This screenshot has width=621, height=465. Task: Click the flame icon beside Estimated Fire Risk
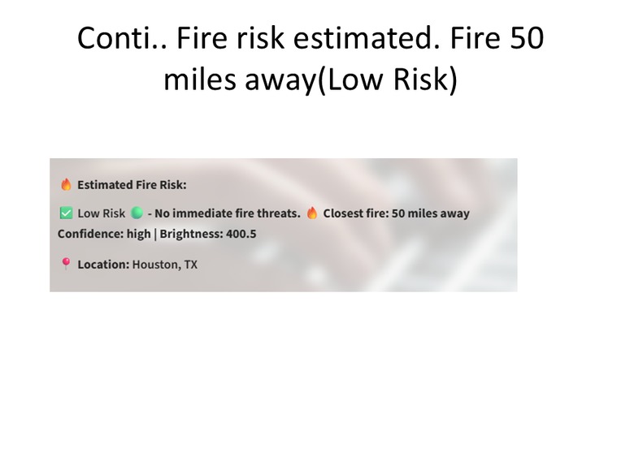66,185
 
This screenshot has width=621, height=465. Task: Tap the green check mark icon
66,213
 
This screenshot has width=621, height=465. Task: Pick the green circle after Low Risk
137,213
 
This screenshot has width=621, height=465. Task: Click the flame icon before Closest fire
312,213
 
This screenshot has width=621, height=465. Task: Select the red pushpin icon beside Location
66,264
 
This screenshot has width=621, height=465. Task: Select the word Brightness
192,234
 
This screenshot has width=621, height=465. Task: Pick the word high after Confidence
138,234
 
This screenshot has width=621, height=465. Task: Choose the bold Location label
103,265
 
